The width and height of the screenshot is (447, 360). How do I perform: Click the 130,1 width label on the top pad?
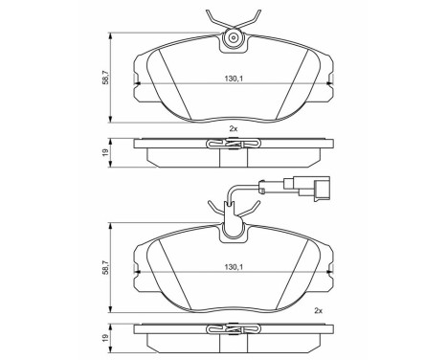pyautogui.click(x=234, y=79)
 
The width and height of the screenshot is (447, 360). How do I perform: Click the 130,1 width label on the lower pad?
pyautogui.click(x=234, y=266)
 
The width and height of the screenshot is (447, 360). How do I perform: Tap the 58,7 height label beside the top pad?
pyautogui.click(x=106, y=78)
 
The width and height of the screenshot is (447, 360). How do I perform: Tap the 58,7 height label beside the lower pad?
pyautogui.click(x=106, y=267)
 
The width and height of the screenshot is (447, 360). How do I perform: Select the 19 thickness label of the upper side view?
pyautogui.click(x=106, y=152)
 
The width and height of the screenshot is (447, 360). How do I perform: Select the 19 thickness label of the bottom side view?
pyautogui.click(x=106, y=337)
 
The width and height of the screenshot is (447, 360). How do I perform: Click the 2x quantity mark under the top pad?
pyautogui.click(x=234, y=128)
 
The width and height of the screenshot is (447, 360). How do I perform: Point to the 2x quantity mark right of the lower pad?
pyautogui.click(x=318, y=310)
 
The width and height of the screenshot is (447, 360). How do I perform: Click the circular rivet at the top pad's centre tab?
pyautogui.click(x=234, y=38)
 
